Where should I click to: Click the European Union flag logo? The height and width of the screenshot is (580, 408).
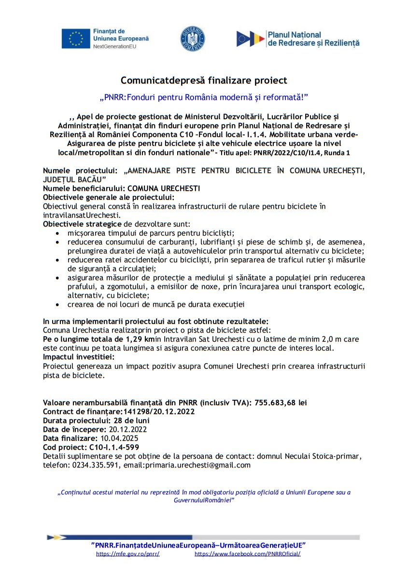tap(76, 39)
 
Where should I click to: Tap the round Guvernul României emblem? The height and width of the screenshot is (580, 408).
tap(192, 39)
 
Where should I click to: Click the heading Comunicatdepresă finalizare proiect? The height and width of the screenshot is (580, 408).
tap(204, 80)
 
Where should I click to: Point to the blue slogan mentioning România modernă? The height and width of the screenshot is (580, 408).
tap(204, 98)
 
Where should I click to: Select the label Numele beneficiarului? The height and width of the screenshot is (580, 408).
tap(84, 188)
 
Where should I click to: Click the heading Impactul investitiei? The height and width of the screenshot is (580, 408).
tap(79, 357)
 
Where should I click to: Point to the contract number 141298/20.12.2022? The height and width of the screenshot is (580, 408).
tap(157, 411)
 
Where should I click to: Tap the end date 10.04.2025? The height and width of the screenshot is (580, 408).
tap(119, 439)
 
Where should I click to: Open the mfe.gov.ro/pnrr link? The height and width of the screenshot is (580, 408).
tap(128, 554)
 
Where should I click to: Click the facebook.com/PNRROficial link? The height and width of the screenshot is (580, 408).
tap(247, 554)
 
